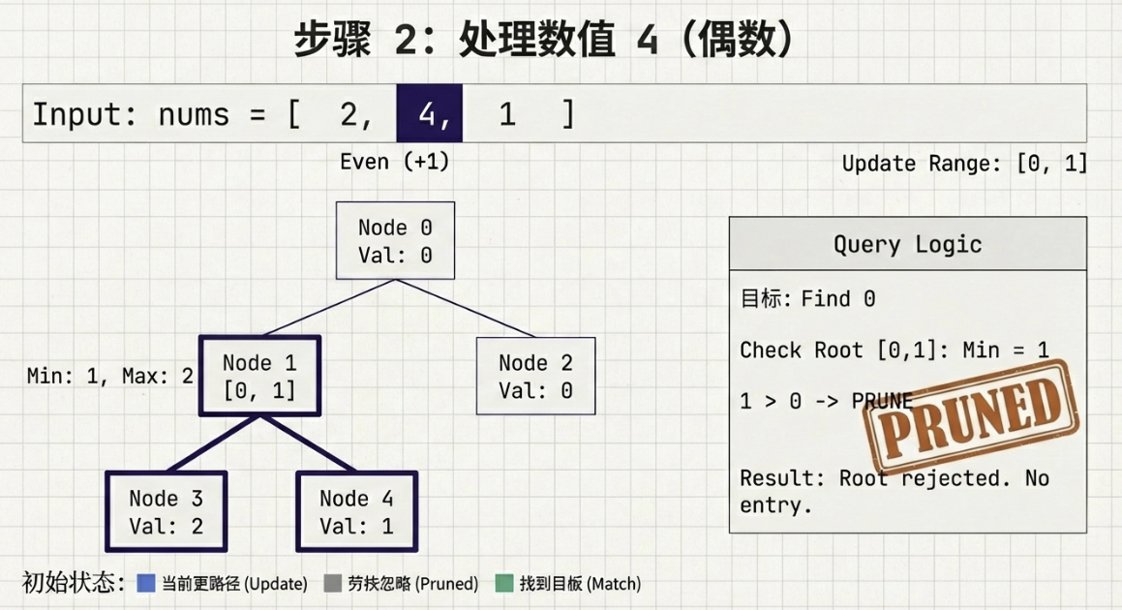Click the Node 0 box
tap(395, 241)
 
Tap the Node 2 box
tap(535, 377)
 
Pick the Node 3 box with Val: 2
tap(166, 512)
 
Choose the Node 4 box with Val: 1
tap(356, 512)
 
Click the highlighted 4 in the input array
tap(429, 114)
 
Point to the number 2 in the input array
tap(349, 114)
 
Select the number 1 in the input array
tap(507, 114)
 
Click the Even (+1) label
tap(394, 162)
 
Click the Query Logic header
tap(907, 244)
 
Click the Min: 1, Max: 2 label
tap(110, 376)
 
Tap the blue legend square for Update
tap(146, 583)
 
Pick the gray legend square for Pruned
tap(333, 583)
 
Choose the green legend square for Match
tap(503, 583)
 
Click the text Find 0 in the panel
tap(838, 299)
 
